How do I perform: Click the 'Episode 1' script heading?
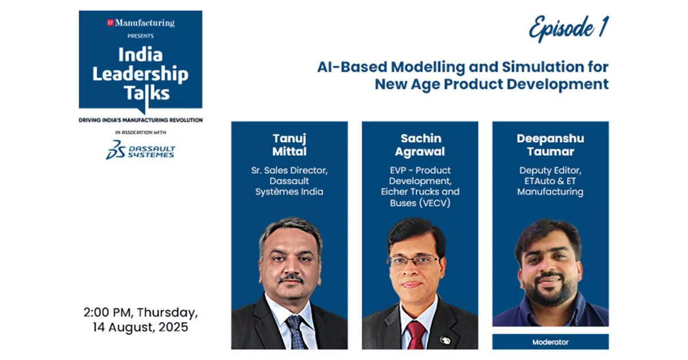coord(569,29)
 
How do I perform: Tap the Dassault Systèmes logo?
coord(140,150)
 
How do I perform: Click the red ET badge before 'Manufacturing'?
coord(111,23)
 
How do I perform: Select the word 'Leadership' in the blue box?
coord(140,73)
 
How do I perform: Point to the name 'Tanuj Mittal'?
coord(289,145)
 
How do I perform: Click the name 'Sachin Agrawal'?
coord(420,145)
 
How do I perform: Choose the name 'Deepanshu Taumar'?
coord(550,145)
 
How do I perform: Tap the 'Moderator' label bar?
coord(550,342)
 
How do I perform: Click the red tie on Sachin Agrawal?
coord(416,335)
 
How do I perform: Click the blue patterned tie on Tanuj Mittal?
coord(296,332)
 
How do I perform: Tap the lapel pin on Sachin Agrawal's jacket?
coord(445,340)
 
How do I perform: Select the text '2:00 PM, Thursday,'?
coord(140,313)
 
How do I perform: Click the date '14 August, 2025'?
coord(140,327)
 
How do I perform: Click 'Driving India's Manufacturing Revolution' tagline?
coord(140,119)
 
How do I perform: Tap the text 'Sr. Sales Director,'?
coord(289,170)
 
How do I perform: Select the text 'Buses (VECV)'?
coord(420,203)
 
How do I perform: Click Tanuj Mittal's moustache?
coord(291,278)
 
